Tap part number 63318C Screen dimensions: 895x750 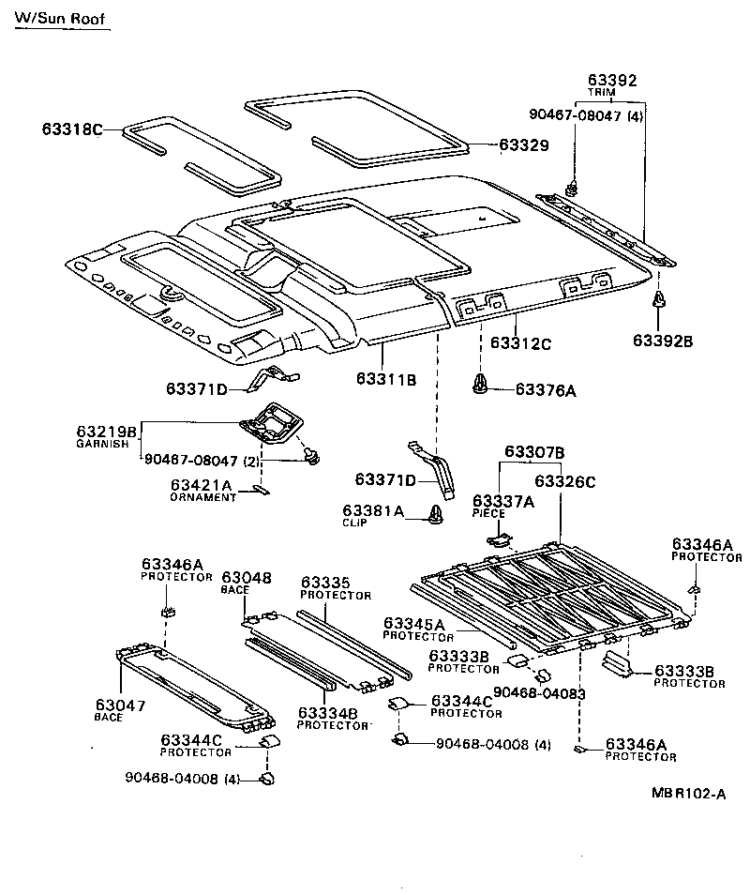(x=71, y=129)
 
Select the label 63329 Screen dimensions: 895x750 (x=523, y=145)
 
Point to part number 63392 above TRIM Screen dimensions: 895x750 (x=612, y=81)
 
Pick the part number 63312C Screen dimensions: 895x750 (x=520, y=344)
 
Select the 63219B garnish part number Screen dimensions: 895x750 (x=107, y=432)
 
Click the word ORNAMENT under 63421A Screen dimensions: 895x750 (x=203, y=497)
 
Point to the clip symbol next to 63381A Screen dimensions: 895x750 (x=435, y=513)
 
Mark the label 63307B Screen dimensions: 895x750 (x=534, y=452)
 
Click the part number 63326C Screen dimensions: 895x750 (x=565, y=481)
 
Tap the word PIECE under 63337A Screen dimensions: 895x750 (x=488, y=513)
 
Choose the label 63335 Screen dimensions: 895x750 (x=325, y=583)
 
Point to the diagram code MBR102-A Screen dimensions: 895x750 (x=689, y=794)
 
